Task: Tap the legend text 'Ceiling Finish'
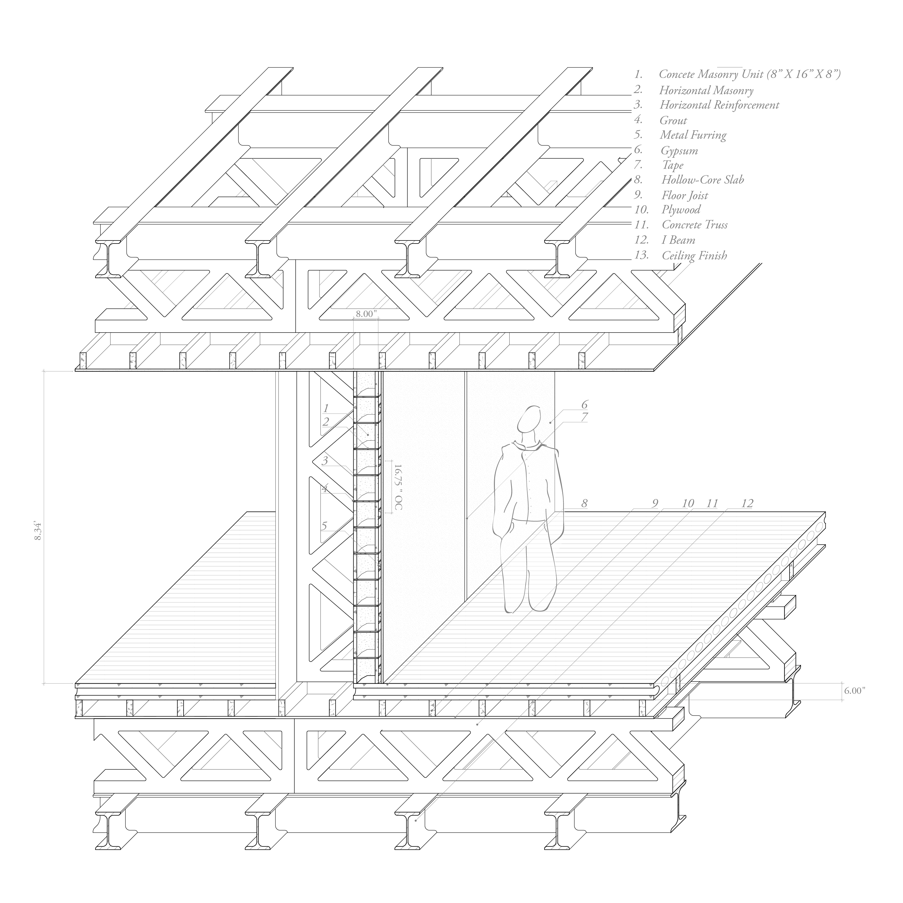694,255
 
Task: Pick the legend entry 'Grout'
673,121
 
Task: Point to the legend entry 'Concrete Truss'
694,225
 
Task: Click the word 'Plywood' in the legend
681,210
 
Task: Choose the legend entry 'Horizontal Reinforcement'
719,105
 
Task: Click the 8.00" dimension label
365,314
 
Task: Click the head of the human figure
529,419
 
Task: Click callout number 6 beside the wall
584,404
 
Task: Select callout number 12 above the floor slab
747,503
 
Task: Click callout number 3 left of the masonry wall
325,461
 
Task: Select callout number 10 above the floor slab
687,503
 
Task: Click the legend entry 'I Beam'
678,240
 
